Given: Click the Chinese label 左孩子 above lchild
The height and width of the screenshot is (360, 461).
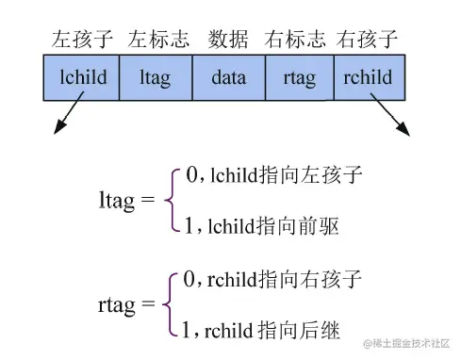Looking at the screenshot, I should coord(83,40).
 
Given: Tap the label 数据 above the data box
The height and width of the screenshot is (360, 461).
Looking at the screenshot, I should coord(229,40).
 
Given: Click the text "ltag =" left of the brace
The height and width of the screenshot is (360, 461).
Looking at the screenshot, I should coord(126,201).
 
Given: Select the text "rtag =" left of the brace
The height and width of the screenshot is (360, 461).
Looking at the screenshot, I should coord(125,304).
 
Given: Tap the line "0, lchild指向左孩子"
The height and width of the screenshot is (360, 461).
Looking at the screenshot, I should coord(273,174).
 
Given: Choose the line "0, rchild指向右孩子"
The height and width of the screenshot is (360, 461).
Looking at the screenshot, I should coord(273,279).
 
